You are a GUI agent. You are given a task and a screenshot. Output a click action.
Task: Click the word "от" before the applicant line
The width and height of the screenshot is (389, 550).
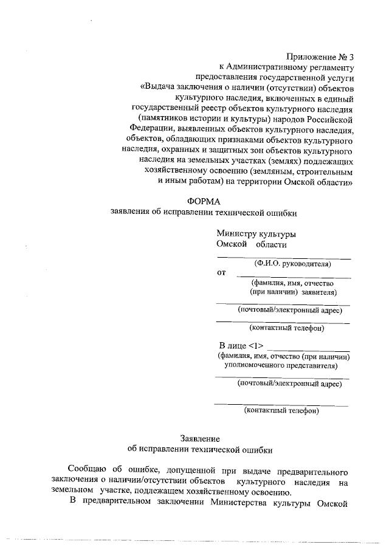click(x=221, y=273)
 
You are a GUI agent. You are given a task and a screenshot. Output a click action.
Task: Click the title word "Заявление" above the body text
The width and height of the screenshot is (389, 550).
click(x=200, y=438)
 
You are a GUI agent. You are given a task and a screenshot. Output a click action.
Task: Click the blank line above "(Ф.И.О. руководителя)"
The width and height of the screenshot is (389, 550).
click(x=284, y=258)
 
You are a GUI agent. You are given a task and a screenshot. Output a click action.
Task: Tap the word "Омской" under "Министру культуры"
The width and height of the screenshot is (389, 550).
click(x=230, y=244)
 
